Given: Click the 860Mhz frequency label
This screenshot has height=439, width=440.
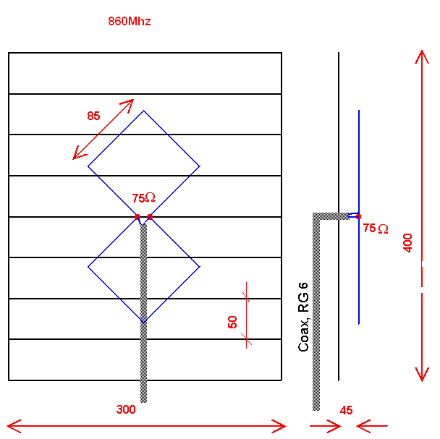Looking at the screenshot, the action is (129, 22).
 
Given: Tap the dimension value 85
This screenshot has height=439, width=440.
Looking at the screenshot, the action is (93, 116).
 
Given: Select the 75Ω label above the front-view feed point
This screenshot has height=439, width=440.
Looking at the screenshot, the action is (143, 197).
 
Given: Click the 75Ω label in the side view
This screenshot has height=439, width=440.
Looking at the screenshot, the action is (375, 229).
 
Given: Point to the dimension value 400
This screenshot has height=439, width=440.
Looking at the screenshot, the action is (408, 242).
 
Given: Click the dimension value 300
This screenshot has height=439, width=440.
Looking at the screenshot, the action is (126, 409).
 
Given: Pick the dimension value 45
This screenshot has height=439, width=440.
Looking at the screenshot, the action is (346, 410).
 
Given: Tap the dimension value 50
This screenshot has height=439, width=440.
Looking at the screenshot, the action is (232, 322).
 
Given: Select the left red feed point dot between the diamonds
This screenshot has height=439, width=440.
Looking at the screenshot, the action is (137, 217).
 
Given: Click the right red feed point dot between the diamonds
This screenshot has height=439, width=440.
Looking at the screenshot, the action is (150, 217).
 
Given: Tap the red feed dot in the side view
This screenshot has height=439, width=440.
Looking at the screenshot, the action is (358, 216).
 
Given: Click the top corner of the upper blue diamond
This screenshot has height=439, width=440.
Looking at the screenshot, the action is (143, 111).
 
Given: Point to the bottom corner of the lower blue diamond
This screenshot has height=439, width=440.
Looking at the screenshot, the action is (143, 322).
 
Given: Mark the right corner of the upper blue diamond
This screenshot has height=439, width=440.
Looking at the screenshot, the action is (199, 167).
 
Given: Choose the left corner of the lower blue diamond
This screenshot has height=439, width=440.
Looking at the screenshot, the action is (88, 267).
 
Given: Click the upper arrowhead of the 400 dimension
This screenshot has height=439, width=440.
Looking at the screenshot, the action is (422, 58).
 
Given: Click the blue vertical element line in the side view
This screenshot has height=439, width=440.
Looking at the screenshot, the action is (359, 159).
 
